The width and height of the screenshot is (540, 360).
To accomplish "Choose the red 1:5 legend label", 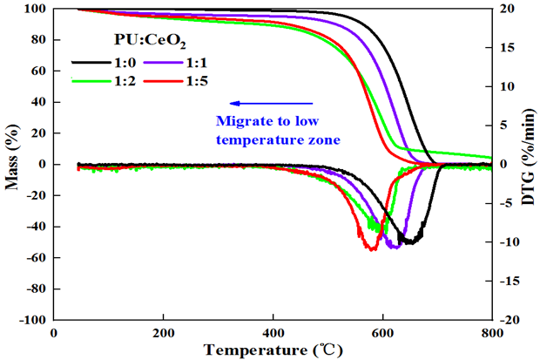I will pos(195,81).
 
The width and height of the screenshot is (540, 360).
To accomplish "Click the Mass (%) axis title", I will pos(11,165).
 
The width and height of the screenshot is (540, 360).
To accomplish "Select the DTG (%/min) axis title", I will pos(529,165).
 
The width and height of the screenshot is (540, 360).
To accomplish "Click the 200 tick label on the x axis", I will pos(163,331).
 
